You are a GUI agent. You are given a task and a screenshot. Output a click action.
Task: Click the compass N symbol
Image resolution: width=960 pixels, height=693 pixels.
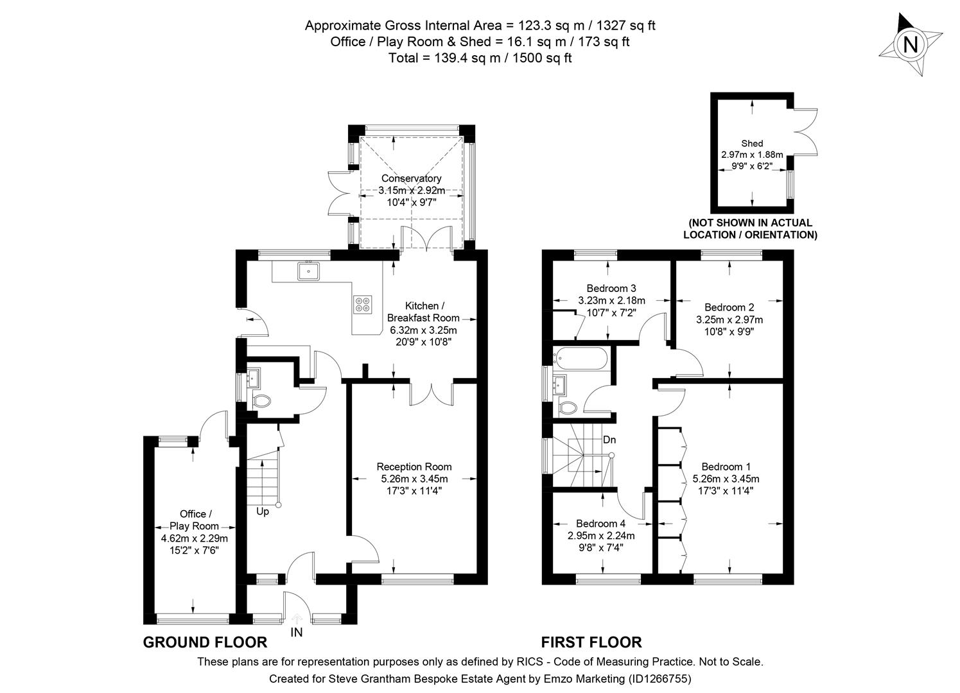pyautogui.click(x=910, y=45)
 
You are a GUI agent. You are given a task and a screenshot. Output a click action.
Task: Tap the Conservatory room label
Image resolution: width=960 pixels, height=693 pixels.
pyautogui.click(x=411, y=178)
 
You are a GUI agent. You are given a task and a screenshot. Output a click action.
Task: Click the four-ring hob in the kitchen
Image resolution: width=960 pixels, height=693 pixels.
pyautogui.click(x=362, y=304)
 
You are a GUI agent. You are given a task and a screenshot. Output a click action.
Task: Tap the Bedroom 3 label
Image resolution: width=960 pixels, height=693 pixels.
pyautogui.click(x=611, y=288)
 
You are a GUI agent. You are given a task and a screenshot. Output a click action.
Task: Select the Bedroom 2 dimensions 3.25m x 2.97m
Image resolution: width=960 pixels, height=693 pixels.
pyautogui.click(x=729, y=320)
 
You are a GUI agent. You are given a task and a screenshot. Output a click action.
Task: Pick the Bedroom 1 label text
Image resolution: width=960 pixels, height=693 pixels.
pyautogui.click(x=726, y=466)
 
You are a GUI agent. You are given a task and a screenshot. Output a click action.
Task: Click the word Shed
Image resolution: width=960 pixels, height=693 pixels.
pyautogui.click(x=752, y=143)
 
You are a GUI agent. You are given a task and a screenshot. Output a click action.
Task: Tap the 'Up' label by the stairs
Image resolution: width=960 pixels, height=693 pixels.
pyautogui.click(x=263, y=511)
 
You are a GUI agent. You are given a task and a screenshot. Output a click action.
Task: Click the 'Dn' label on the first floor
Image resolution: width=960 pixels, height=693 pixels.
pyautogui.click(x=609, y=440)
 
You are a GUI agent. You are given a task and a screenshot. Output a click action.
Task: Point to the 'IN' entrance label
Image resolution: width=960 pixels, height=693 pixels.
pyautogui.click(x=297, y=632)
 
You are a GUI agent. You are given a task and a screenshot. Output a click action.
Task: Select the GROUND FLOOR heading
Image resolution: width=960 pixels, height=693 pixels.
pyautogui.click(x=205, y=642)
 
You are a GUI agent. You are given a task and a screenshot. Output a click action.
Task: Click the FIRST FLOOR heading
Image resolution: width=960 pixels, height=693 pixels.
pyautogui.click(x=591, y=642)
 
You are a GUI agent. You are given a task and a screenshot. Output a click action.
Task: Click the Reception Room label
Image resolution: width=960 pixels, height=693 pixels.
pyautogui.click(x=414, y=466)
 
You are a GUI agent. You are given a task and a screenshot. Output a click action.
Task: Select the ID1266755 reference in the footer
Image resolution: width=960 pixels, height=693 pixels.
pyautogui.click(x=658, y=678)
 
